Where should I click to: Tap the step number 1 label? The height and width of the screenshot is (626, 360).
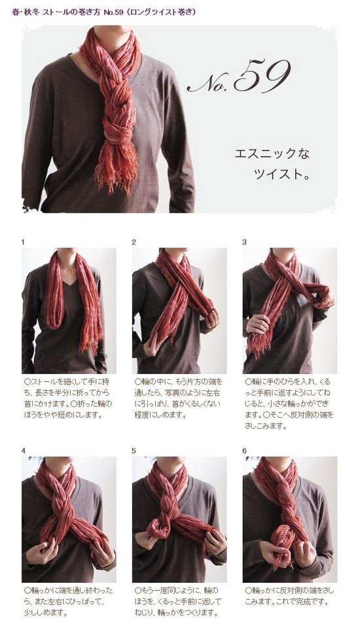(23, 242)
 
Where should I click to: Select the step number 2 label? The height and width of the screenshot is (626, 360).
(134, 242)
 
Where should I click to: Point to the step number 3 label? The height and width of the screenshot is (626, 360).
(245, 242)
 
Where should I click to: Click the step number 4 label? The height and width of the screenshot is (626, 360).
(24, 451)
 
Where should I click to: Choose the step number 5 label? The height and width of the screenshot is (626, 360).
(134, 451)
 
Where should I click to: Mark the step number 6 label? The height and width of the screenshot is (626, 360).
(245, 451)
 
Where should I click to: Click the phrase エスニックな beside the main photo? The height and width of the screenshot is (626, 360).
(272, 154)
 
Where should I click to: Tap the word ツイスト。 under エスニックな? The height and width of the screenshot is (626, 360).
(281, 174)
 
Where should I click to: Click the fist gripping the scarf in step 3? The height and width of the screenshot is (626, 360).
(258, 323)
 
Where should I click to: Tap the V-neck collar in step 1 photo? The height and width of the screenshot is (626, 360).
(71, 280)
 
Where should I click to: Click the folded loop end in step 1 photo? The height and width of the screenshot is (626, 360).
(55, 320)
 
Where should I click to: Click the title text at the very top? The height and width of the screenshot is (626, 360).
(104, 12)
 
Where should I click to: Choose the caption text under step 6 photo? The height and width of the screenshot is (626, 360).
(289, 596)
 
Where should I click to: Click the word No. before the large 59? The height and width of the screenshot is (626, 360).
(210, 83)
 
